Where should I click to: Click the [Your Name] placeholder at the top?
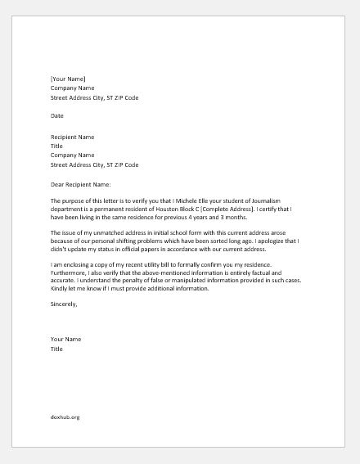[68, 79]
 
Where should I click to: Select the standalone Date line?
[57, 116]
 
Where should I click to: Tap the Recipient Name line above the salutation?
[72, 136]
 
